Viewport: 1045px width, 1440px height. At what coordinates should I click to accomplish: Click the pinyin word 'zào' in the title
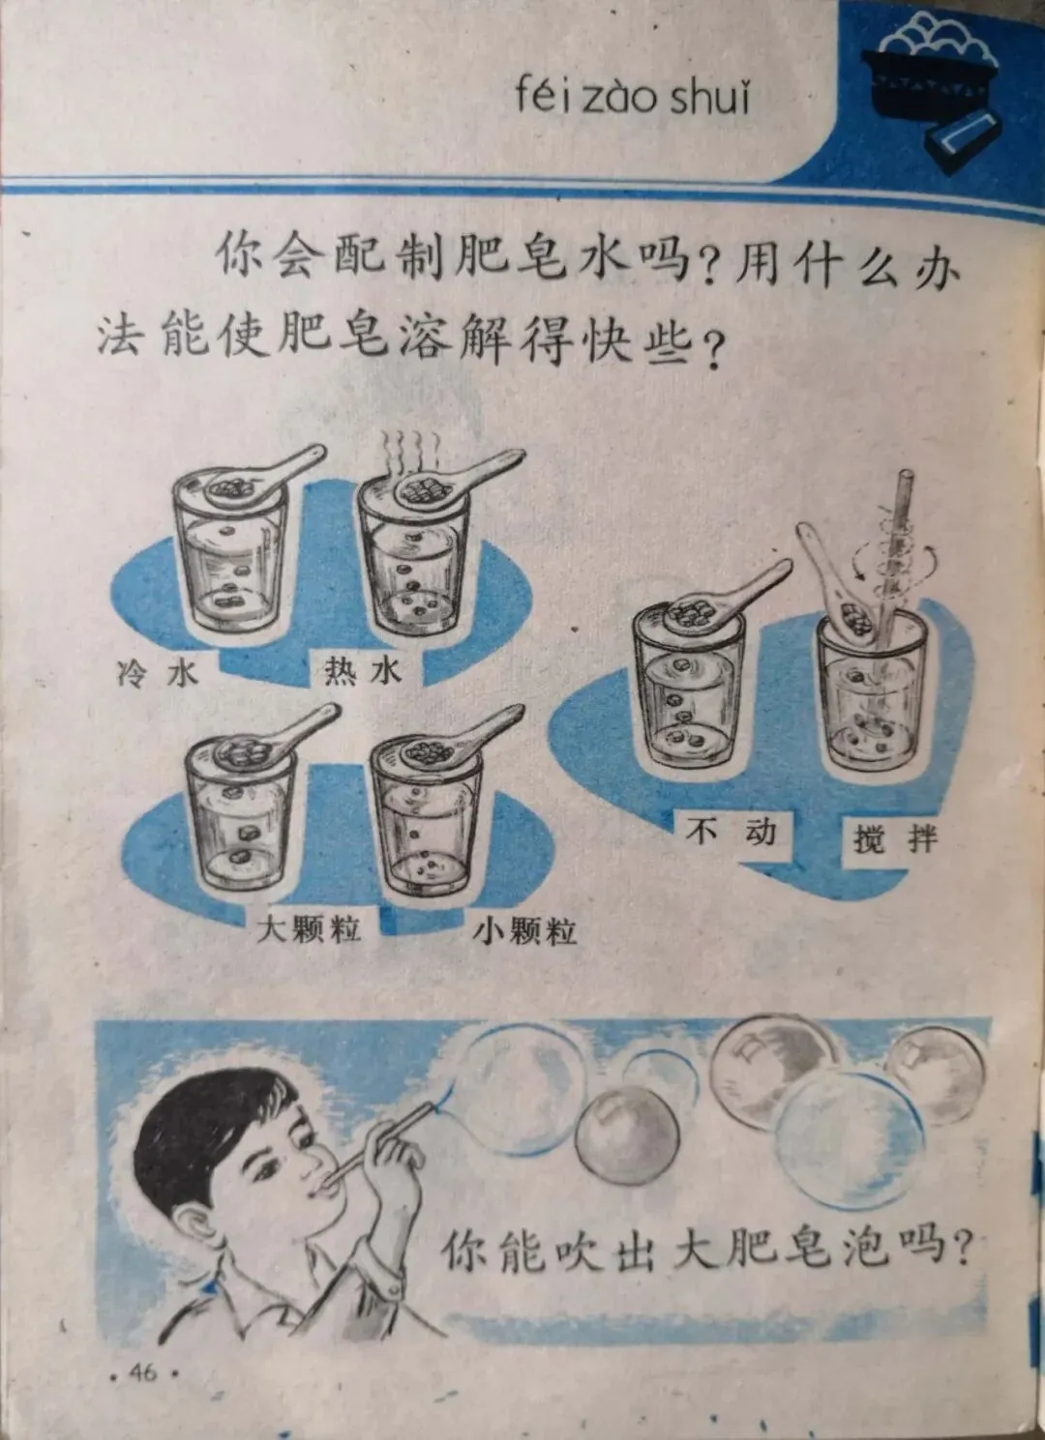click(x=620, y=99)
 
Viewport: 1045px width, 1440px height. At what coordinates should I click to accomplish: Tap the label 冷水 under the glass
click(x=158, y=673)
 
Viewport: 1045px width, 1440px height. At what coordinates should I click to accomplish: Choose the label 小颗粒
click(x=524, y=930)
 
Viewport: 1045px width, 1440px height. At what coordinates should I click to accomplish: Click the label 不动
click(x=731, y=832)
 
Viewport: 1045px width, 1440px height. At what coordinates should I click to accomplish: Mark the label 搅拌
click(x=895, y=838)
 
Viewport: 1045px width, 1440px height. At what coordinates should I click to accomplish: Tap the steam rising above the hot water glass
click(x=410, y=453)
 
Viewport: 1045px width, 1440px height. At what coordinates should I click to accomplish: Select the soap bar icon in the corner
click(x=965, y=137)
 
